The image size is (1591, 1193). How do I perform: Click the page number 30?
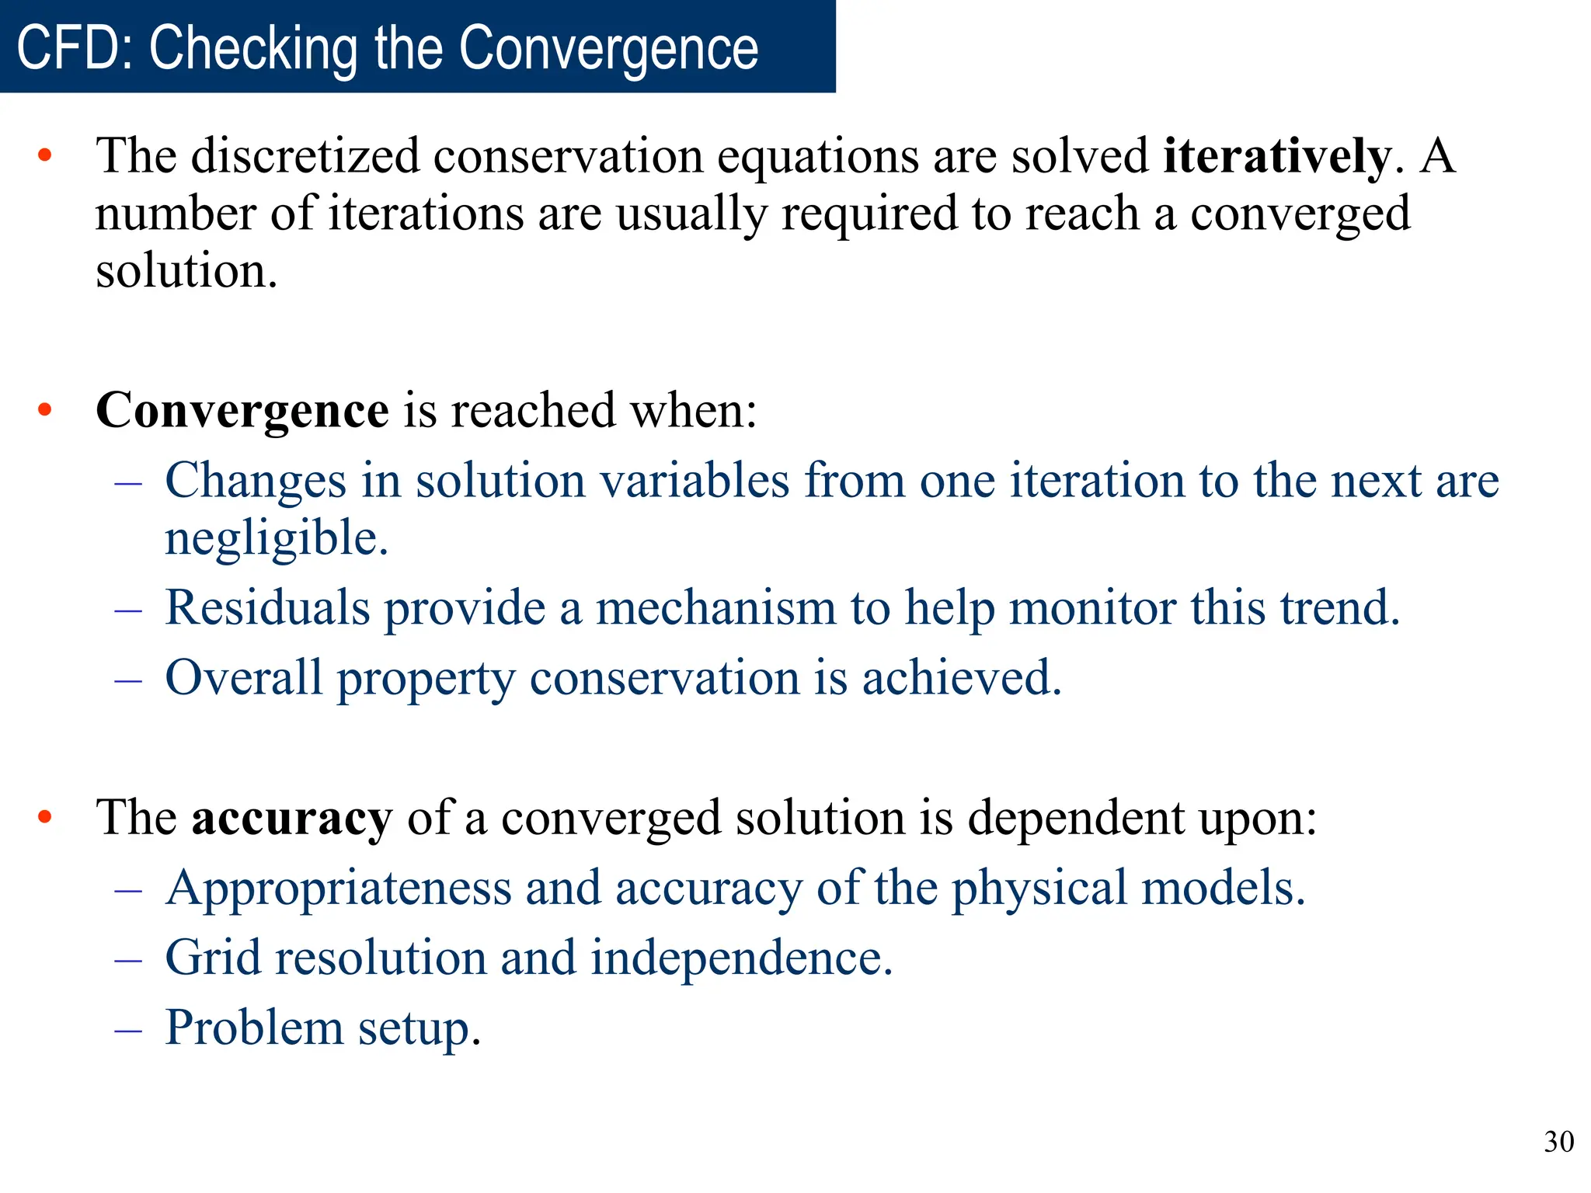pos(1558,1142)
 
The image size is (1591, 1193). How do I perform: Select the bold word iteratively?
pos(1276,156)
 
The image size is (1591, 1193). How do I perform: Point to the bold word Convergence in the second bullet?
pos(242,410)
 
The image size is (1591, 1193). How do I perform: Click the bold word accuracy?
pos(291,818)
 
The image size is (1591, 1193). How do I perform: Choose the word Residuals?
pos(267,607)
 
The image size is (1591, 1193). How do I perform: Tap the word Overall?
pos(243,677)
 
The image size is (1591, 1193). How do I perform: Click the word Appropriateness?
pos(339,888)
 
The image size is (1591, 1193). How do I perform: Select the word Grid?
pos(213,958)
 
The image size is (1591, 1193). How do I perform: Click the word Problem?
pos(254,1028)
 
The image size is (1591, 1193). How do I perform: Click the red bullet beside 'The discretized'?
pos(45,156)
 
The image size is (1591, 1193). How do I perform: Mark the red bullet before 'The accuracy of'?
pos(45,818)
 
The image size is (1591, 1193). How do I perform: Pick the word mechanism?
pos(715,607)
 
